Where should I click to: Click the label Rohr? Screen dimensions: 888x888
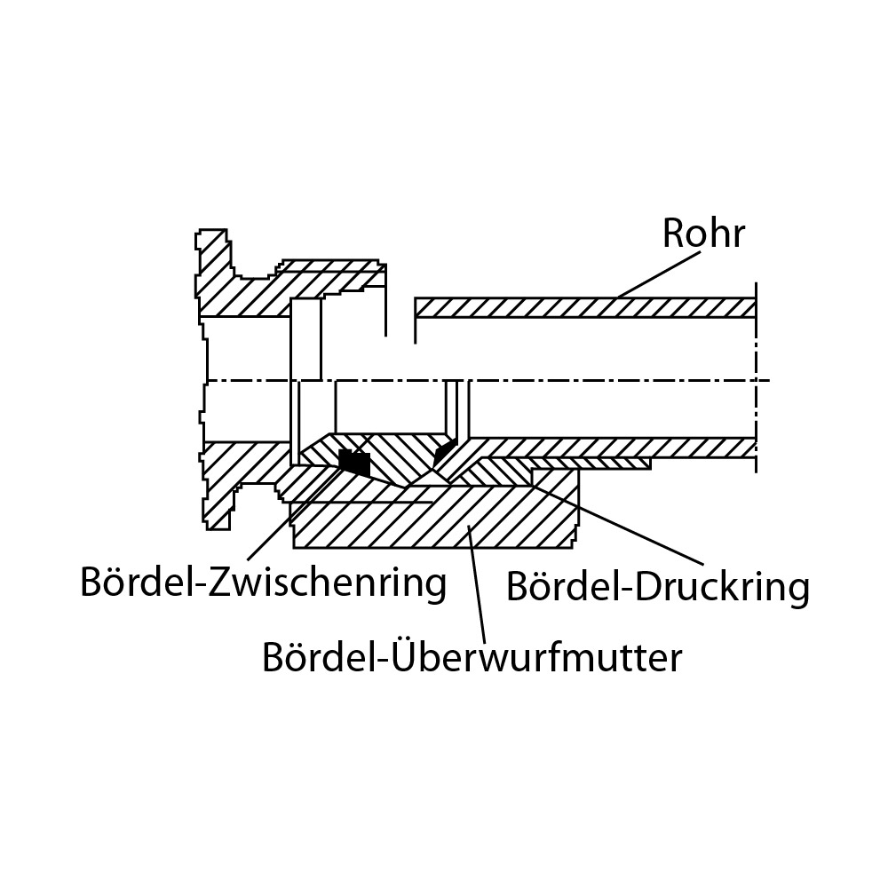703,234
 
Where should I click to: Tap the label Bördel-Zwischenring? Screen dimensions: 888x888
263,583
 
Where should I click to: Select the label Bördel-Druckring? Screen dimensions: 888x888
657,587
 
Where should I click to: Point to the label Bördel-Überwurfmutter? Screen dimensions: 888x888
472,658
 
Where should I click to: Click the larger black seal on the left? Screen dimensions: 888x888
354,461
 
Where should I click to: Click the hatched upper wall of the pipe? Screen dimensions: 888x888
586,307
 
